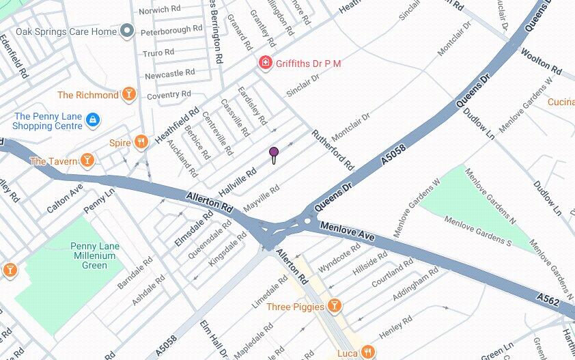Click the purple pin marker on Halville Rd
coord(274,152)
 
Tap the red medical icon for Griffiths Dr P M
coord(264,64)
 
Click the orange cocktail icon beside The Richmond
coord(128,95)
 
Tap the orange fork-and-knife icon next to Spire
coord(141,142)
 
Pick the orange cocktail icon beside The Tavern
coord(87,161)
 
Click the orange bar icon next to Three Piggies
coord(334,306)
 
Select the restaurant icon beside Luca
coord(367,352)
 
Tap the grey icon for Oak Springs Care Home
coord(126,31)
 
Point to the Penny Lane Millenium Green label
coord(96,255)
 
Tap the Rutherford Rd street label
coord(333,150)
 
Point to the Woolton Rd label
coord(541,61)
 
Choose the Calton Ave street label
coord(65,197)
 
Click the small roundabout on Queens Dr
coord(308,220)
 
